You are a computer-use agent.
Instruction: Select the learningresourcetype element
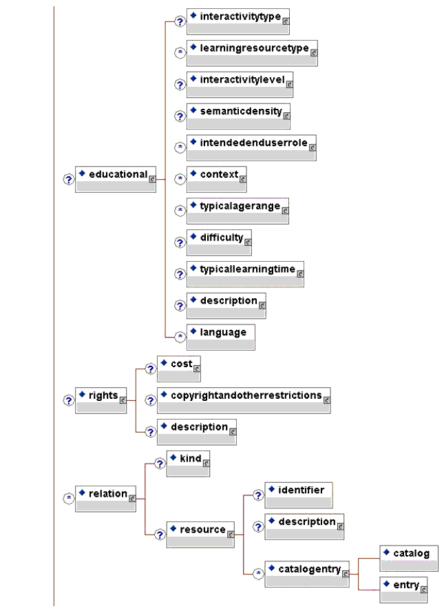(x=252, y=52)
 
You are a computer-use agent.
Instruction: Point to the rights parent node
(x=101, y=400)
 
